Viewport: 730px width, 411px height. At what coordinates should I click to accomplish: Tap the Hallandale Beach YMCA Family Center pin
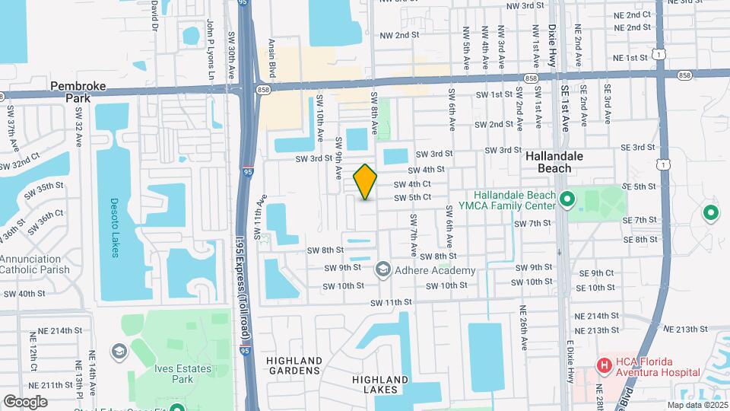pos(567,200)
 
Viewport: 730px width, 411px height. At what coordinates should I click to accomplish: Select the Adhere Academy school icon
pos(383,269)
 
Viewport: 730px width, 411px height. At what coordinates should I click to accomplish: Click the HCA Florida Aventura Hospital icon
pos(605,366)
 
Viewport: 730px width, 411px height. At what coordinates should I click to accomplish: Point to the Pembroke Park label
pos(76,92)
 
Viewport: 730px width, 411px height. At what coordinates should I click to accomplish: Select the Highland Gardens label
pos(294,365)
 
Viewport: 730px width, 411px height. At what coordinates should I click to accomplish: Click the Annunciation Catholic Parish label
pos(36,263)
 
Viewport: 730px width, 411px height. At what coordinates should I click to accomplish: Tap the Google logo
pos(25,402)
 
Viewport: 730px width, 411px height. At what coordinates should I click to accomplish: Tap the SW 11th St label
pos(391,302)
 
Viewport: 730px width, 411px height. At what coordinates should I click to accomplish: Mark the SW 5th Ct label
pos(412,197)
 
